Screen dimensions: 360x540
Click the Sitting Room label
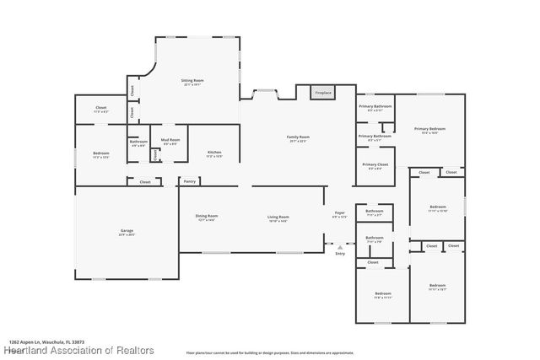193,81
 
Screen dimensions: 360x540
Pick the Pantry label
190,180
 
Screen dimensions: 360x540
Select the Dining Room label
207,217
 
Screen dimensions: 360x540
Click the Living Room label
278,218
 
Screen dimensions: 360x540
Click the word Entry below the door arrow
340,253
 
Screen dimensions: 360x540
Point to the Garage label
127,230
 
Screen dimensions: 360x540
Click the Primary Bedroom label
429,128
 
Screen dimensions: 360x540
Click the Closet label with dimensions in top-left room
101,108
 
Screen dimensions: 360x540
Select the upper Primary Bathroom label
375,106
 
